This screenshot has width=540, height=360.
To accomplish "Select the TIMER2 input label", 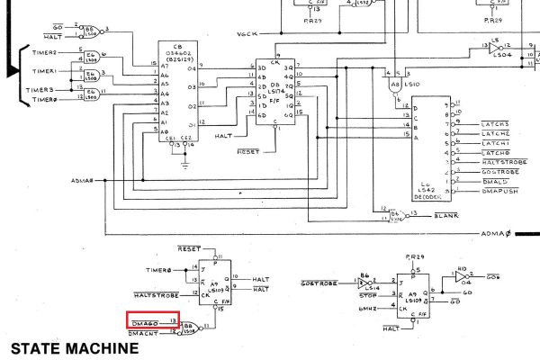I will click(45, 53).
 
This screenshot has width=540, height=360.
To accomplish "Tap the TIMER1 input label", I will click(45, 70).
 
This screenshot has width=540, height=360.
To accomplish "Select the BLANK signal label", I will click(446, 215).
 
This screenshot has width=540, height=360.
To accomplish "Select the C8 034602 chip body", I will click(180, 90).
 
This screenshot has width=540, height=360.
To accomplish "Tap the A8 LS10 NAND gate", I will click(394, 86).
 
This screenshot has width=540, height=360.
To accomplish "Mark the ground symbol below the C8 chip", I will click(184, 163).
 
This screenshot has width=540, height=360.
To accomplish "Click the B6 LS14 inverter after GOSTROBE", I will click(364, 283).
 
